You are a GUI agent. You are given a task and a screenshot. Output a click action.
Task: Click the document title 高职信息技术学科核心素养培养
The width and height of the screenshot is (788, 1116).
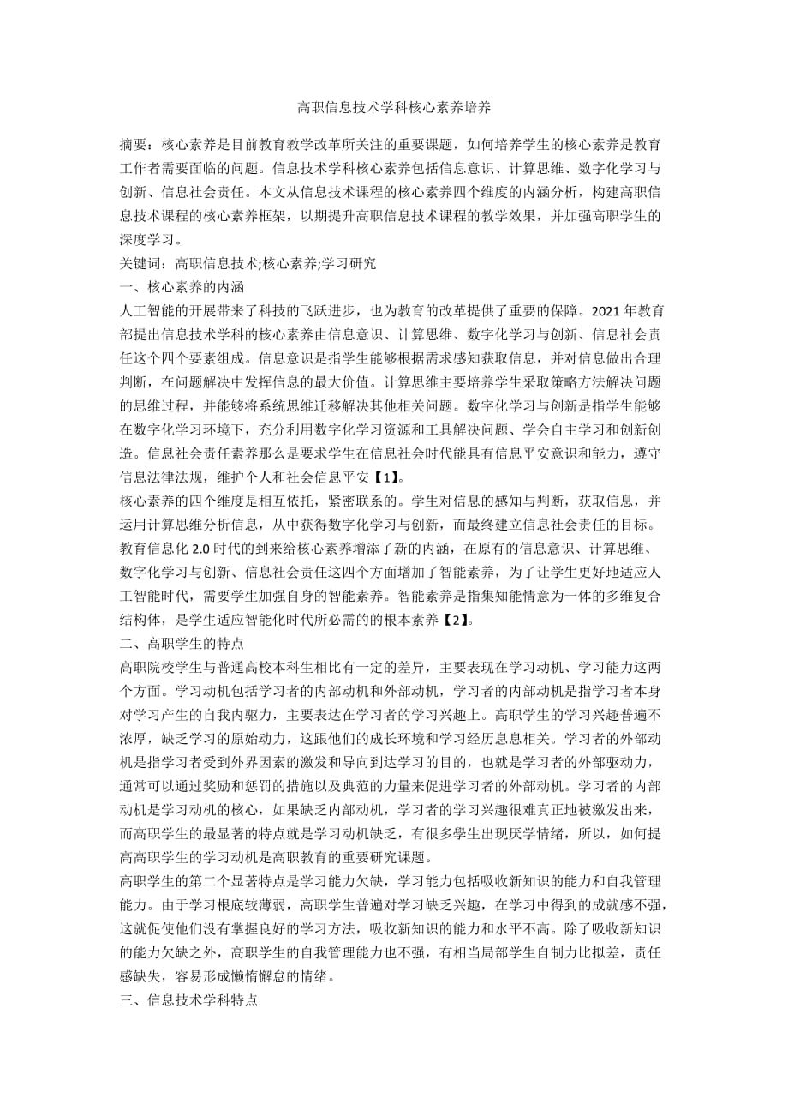tap(393, 108)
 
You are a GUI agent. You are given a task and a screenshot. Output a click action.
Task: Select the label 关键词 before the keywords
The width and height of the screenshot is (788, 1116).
tap(140, 264)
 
